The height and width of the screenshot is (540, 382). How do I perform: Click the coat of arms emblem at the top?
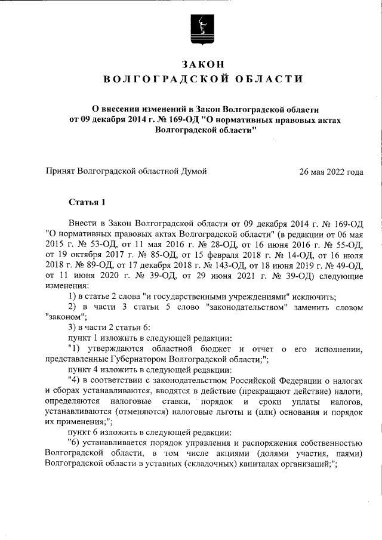pyautogui.click(x=204, y=29)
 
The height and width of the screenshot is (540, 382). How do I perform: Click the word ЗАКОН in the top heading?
pyautogui.click(x=204, y=64)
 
